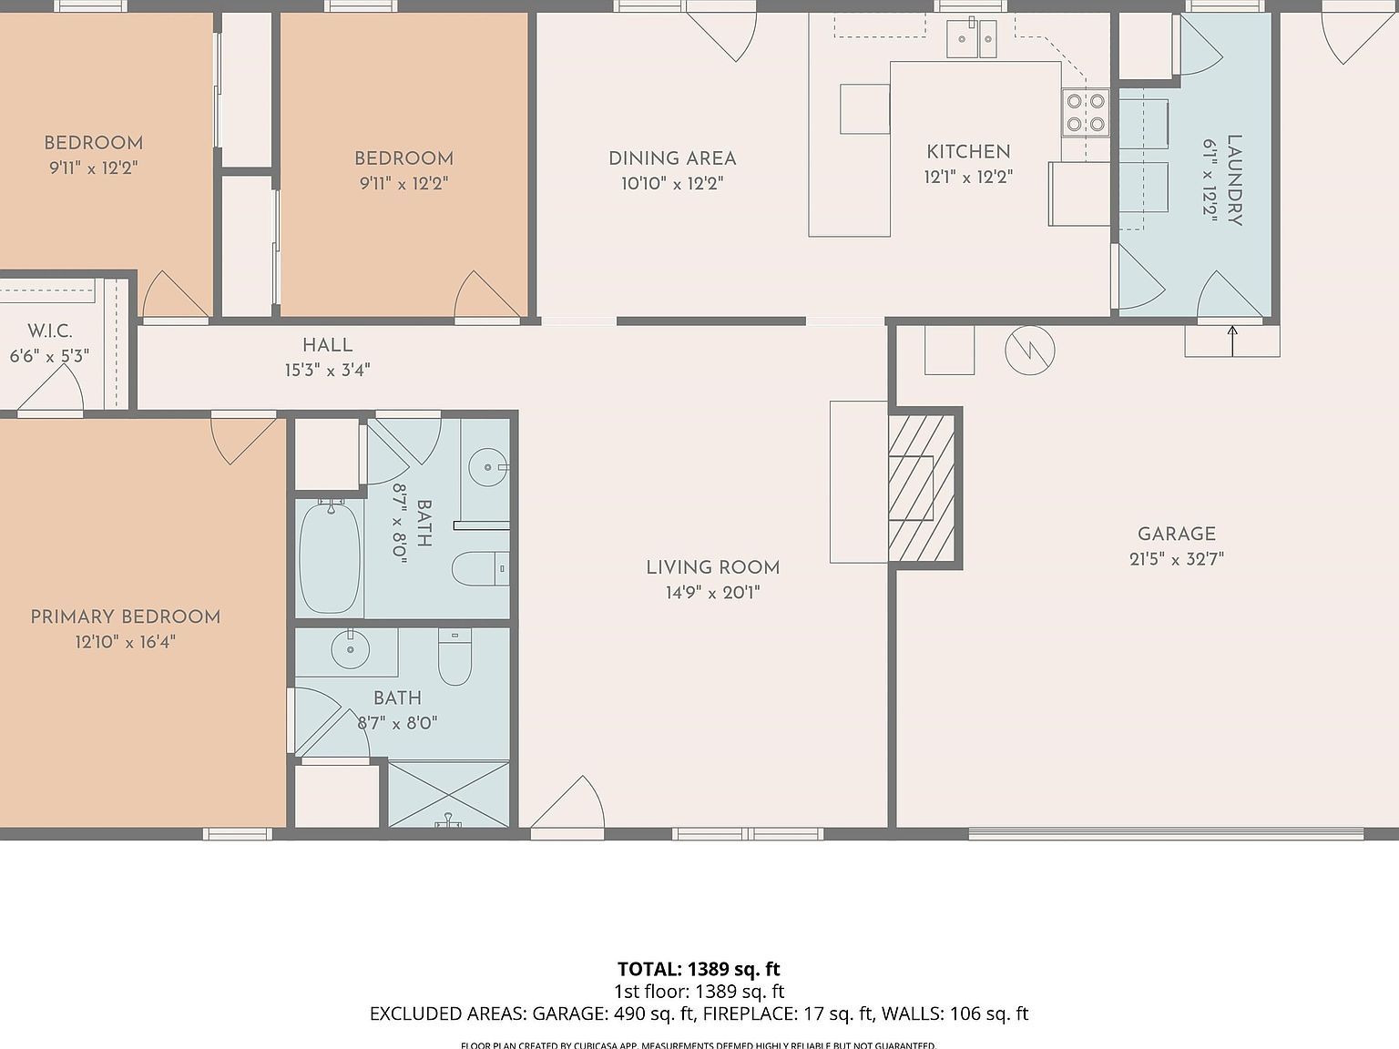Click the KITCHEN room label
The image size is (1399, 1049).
click(968, 152)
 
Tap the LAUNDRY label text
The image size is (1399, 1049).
click(1234, 180)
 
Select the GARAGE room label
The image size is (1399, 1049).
click(1176, 535)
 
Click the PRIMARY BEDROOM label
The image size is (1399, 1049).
click(126, 617)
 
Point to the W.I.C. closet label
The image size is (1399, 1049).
click(49, 331)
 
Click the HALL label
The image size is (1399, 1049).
click(327, 345)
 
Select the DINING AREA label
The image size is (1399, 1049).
click(672, 158)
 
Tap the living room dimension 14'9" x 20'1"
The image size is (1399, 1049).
click(712, 593)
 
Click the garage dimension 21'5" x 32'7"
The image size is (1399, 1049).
click(1176, 559)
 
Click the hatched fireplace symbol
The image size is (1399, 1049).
click(921, 488)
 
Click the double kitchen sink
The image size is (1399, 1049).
click(972, 38)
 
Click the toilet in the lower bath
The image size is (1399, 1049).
click(454, 657)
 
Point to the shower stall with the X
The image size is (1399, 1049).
click(449, 794)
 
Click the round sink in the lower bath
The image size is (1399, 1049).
click(349, 650)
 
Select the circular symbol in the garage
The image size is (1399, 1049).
click(1030, 350)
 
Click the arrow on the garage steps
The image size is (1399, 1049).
click(1232, 340)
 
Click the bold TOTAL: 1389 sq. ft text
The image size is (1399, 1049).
click(699, 969)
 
